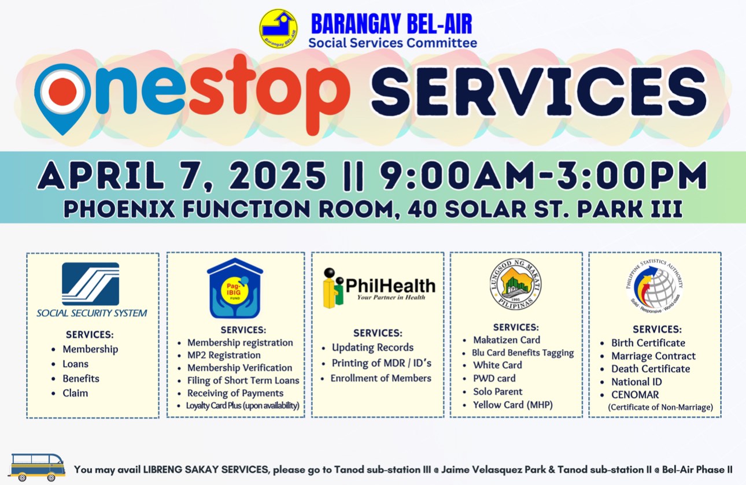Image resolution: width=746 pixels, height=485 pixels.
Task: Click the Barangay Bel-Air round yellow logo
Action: coord(278,29)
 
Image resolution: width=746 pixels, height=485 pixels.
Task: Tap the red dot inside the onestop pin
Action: coord(62,90)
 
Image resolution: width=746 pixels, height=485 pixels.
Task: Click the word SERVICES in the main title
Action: coord(538,91)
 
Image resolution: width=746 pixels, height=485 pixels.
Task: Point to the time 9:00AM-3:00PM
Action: coord(544,175)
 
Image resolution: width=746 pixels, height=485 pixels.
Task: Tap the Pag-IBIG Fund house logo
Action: coord(235,288)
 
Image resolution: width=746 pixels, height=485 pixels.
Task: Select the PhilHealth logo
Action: coord(379,288)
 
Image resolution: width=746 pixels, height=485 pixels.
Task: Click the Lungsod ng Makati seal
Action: coord(515,284)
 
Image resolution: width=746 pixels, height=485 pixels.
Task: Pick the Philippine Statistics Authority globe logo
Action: coord(655,287)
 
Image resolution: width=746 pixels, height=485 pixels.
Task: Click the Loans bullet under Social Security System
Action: coord(75,364)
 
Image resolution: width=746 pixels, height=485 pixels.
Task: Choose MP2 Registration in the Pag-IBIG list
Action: coord(224,355)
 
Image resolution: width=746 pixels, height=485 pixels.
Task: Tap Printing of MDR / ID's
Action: coord(381,363)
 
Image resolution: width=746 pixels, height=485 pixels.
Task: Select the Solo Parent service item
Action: coord(497,391)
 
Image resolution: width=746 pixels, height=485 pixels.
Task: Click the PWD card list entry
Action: coord(494,378)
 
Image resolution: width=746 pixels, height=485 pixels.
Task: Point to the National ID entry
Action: coord(637,382)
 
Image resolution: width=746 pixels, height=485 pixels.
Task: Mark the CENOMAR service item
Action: coord(635,395)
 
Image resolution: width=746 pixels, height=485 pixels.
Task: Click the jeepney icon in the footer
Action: coord(37,467)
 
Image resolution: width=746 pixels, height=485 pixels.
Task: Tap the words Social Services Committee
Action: coord(393,43)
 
